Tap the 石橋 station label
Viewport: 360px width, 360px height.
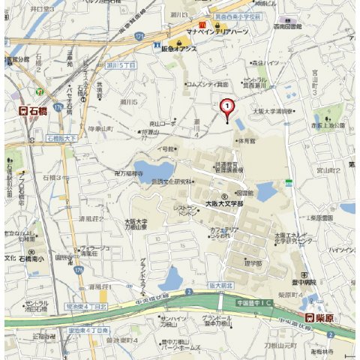[33, 112]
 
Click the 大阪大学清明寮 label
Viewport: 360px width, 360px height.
[273, 112]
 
